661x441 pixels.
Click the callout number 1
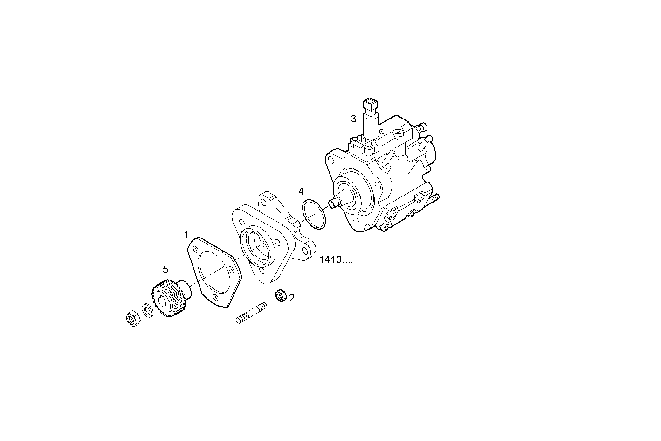tap(186, 234)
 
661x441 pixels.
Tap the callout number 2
tap(292, 298)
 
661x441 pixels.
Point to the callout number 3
tap(354, 119)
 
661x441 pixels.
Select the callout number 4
tap(301, 191)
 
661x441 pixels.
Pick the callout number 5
tap(165, 269)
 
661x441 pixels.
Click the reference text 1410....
tap(336, 260)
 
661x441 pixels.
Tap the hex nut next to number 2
tap(281, 295)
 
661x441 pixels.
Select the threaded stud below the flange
tap(252, 313)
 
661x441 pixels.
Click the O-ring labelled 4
tap(314, 214)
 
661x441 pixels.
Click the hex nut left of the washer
tap(131, 318)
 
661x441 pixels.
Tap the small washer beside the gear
tap(147, 310)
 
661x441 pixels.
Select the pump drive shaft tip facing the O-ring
tap(334, 203)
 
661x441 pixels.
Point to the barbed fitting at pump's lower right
tap(435, 199)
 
